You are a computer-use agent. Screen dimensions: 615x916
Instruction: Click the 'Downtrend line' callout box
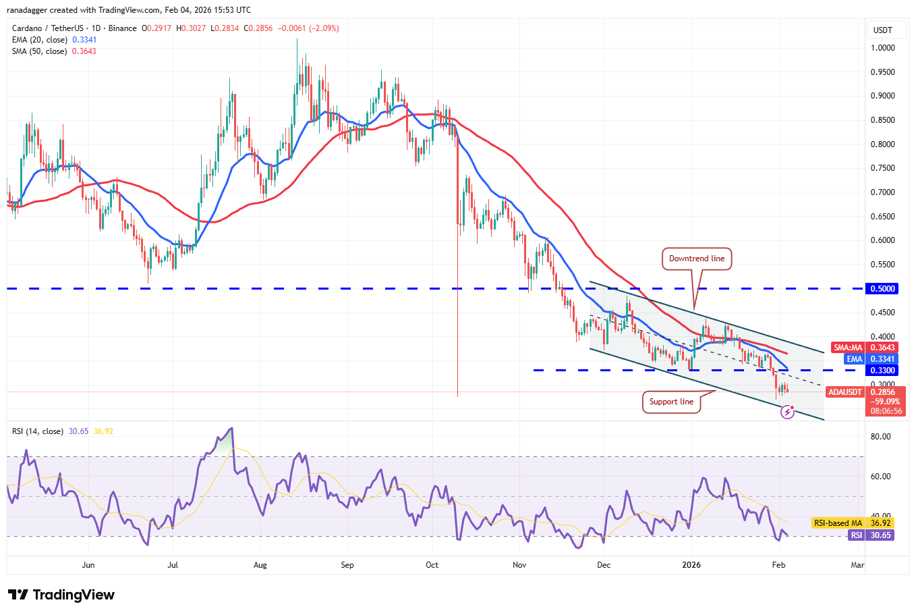[x=697, y=259]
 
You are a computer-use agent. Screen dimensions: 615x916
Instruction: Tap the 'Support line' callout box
[x=671, y=402]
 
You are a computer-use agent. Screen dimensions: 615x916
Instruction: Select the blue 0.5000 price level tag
[x=882, y=288]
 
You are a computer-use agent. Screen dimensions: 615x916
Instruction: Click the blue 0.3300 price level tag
[x=882, y=371]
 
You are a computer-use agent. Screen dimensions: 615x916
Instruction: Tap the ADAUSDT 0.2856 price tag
[x=865, y=392]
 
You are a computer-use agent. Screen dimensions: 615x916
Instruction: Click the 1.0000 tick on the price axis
[x=882, y=48]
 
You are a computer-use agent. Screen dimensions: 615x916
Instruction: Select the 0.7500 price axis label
[x=882, y=168]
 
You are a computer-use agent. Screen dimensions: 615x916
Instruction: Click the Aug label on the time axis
[x=260, y=565]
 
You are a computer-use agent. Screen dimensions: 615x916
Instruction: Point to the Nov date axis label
[x=519, y=565]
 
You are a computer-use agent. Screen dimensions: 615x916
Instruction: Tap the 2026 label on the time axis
[x=691, y=565]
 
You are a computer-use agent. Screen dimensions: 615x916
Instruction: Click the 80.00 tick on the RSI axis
[x=880, y=437]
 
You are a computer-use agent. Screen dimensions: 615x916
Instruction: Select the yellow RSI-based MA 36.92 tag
[x=853, y=523]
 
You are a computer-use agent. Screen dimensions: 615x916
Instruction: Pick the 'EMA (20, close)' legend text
[x=40, y=40]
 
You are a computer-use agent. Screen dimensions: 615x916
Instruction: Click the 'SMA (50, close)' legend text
[x=40, y=51]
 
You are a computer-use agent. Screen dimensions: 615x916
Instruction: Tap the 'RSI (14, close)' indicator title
[x=38, y=431]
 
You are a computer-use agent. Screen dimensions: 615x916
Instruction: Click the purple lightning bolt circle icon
[x=787, y=412]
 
